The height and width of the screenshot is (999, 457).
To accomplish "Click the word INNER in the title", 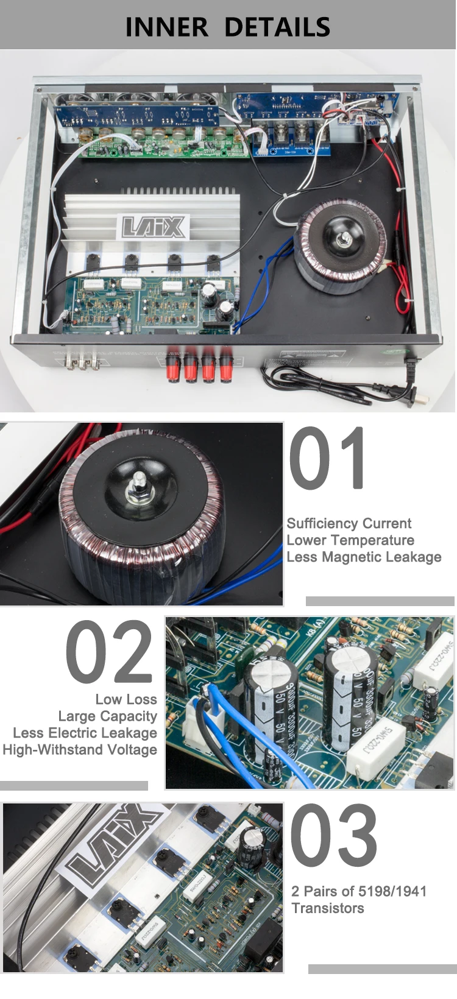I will [x=166, y=27].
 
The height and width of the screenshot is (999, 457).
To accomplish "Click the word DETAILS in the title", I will [x=277, y=27].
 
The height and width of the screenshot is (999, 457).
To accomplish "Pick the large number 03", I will [x=334, y=835].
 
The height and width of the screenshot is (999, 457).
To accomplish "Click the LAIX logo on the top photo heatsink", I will [x=155, y=227].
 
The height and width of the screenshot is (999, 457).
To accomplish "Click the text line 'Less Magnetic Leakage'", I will [x=364, y=557].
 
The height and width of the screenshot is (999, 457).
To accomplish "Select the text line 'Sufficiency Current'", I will [x=349, y=523].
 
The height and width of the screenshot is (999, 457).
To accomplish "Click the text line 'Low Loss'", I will [x=126, y=699].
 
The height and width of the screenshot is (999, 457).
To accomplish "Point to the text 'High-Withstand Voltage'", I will [x=80, y=750].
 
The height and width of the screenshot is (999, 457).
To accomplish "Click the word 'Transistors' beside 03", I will [x=328, y=908].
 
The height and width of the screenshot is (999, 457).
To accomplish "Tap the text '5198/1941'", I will [x=392, y=891].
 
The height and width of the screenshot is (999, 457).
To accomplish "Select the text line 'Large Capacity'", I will [x=108, y=716].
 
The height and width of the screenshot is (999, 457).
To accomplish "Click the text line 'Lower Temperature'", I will [x=350, y=540].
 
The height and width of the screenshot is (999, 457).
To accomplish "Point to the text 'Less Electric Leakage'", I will [x=85, y=733].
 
